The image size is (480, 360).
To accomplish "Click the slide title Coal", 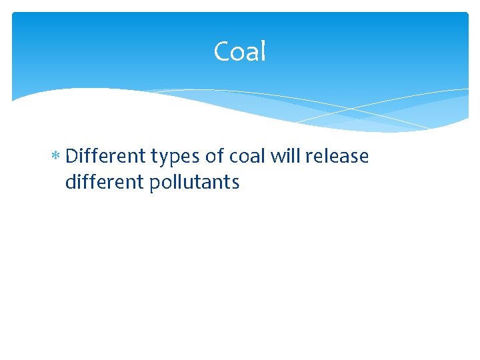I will point(240,51).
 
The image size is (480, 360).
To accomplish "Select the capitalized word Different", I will point(106,156).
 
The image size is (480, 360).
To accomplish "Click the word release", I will point(337,156).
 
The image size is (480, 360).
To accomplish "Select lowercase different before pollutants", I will point(105,182).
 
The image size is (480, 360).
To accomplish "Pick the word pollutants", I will point(195,183).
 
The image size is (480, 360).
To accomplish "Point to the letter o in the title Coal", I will point(237,53).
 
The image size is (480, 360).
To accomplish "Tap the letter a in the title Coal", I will point(251,53).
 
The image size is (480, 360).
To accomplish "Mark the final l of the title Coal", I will point(263,51).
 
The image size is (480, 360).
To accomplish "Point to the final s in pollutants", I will point(235,183).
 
